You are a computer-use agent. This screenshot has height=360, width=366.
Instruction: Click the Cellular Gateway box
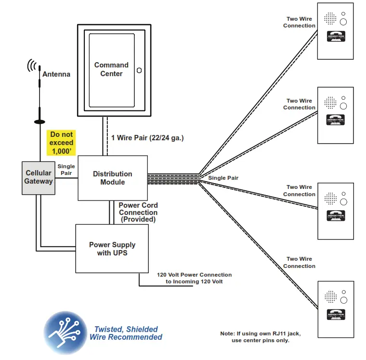click(39, 177)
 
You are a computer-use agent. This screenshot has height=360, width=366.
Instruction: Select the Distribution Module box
click(112, 178)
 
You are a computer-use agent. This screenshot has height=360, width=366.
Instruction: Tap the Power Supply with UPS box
click(112, 248)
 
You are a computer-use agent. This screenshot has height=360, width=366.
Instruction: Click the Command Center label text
click(111, 69)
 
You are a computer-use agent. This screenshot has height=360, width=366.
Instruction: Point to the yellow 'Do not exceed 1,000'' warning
click(62, 143)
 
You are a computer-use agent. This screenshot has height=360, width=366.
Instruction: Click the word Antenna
click(56, 74)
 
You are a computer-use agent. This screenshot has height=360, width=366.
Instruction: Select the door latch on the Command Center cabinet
click(139, 70)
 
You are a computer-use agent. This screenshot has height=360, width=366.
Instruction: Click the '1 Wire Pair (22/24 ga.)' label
click(147, 137)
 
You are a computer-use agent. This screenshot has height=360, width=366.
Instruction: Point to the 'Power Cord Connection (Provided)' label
click(138, 212)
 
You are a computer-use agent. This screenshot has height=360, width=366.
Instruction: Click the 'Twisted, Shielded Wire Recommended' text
click(126, 333)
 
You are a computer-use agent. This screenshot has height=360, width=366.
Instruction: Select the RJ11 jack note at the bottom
click(261, 337)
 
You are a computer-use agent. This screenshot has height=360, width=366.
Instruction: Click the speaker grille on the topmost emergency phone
click(330, 19)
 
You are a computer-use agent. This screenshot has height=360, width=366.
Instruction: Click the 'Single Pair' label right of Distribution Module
click(223, 178)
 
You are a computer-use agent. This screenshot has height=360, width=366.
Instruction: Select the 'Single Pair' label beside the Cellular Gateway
click(66, 170)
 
